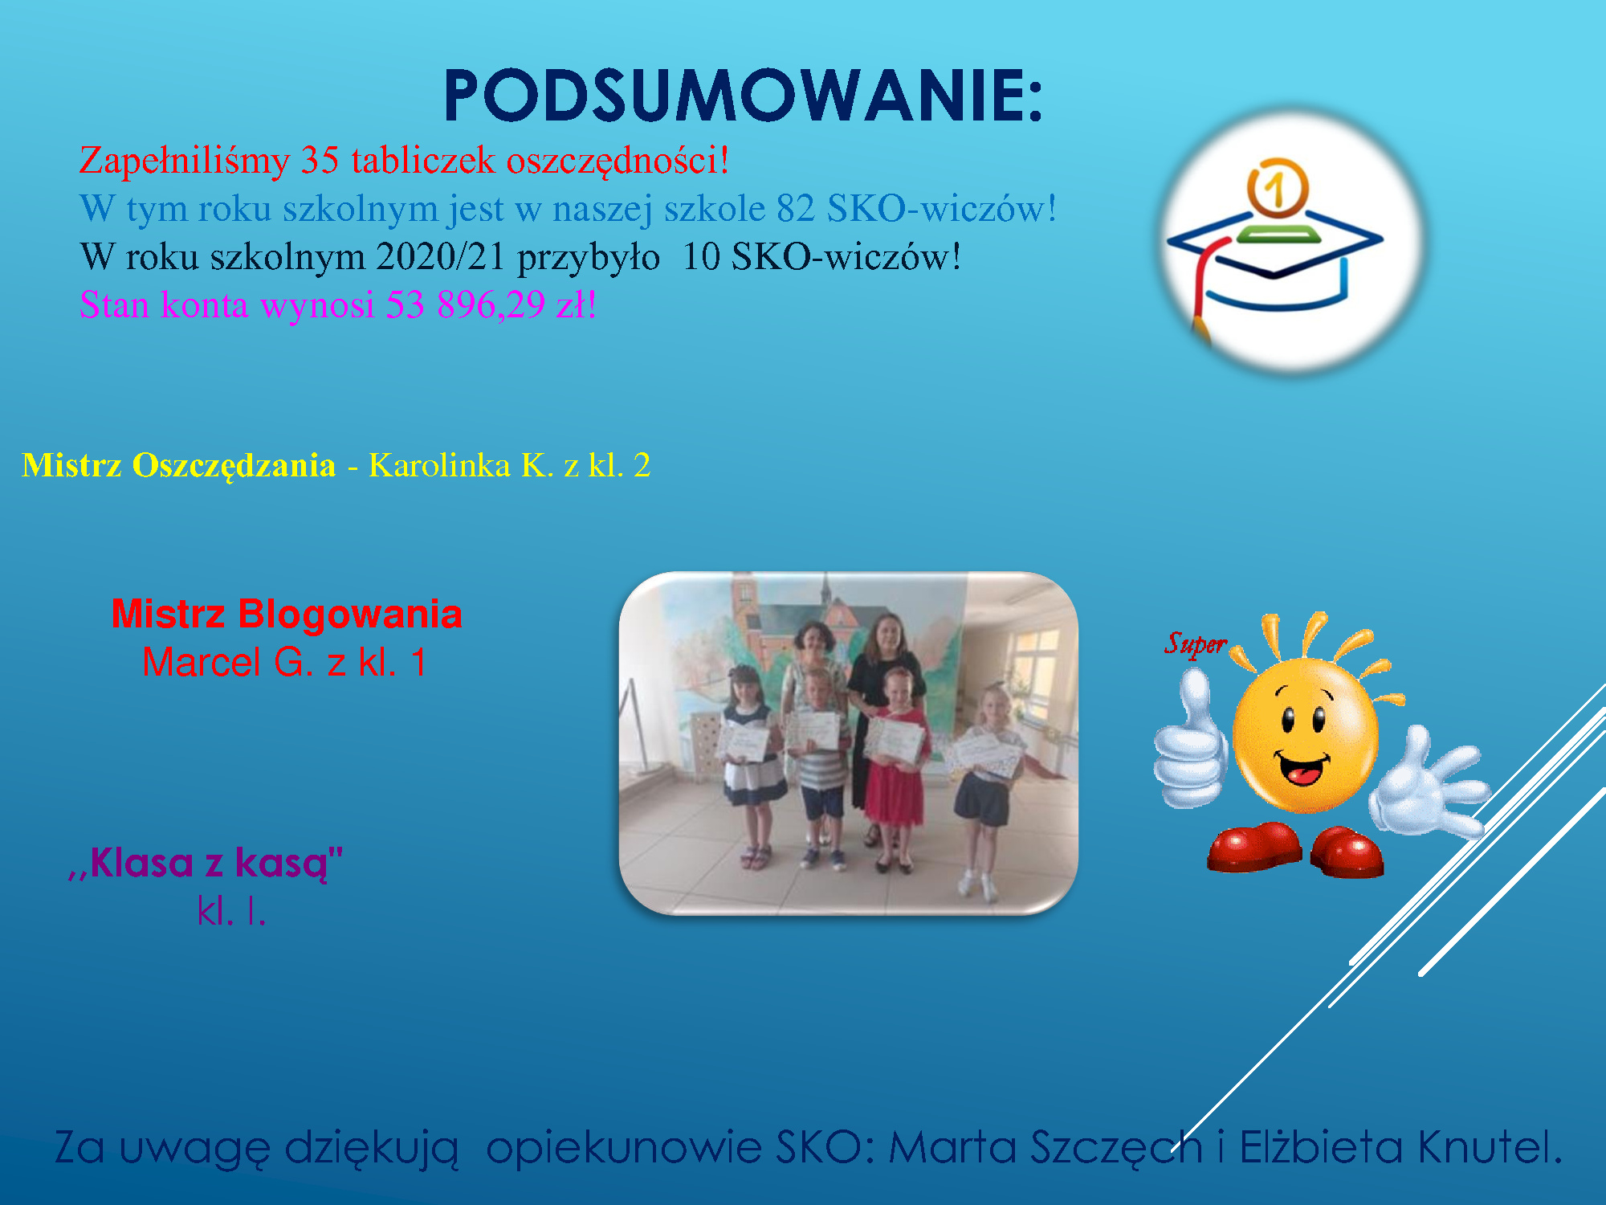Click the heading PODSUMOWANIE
coord(743,96)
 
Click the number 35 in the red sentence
coord(320,160)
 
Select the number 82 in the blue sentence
coord(795,208)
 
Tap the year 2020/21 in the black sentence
coord(440,257)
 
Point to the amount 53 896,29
coord(465,305)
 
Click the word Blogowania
coord(350,615)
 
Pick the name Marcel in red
coord(202,663)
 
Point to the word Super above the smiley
coord(1196,643)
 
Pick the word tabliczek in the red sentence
coord(423,160)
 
